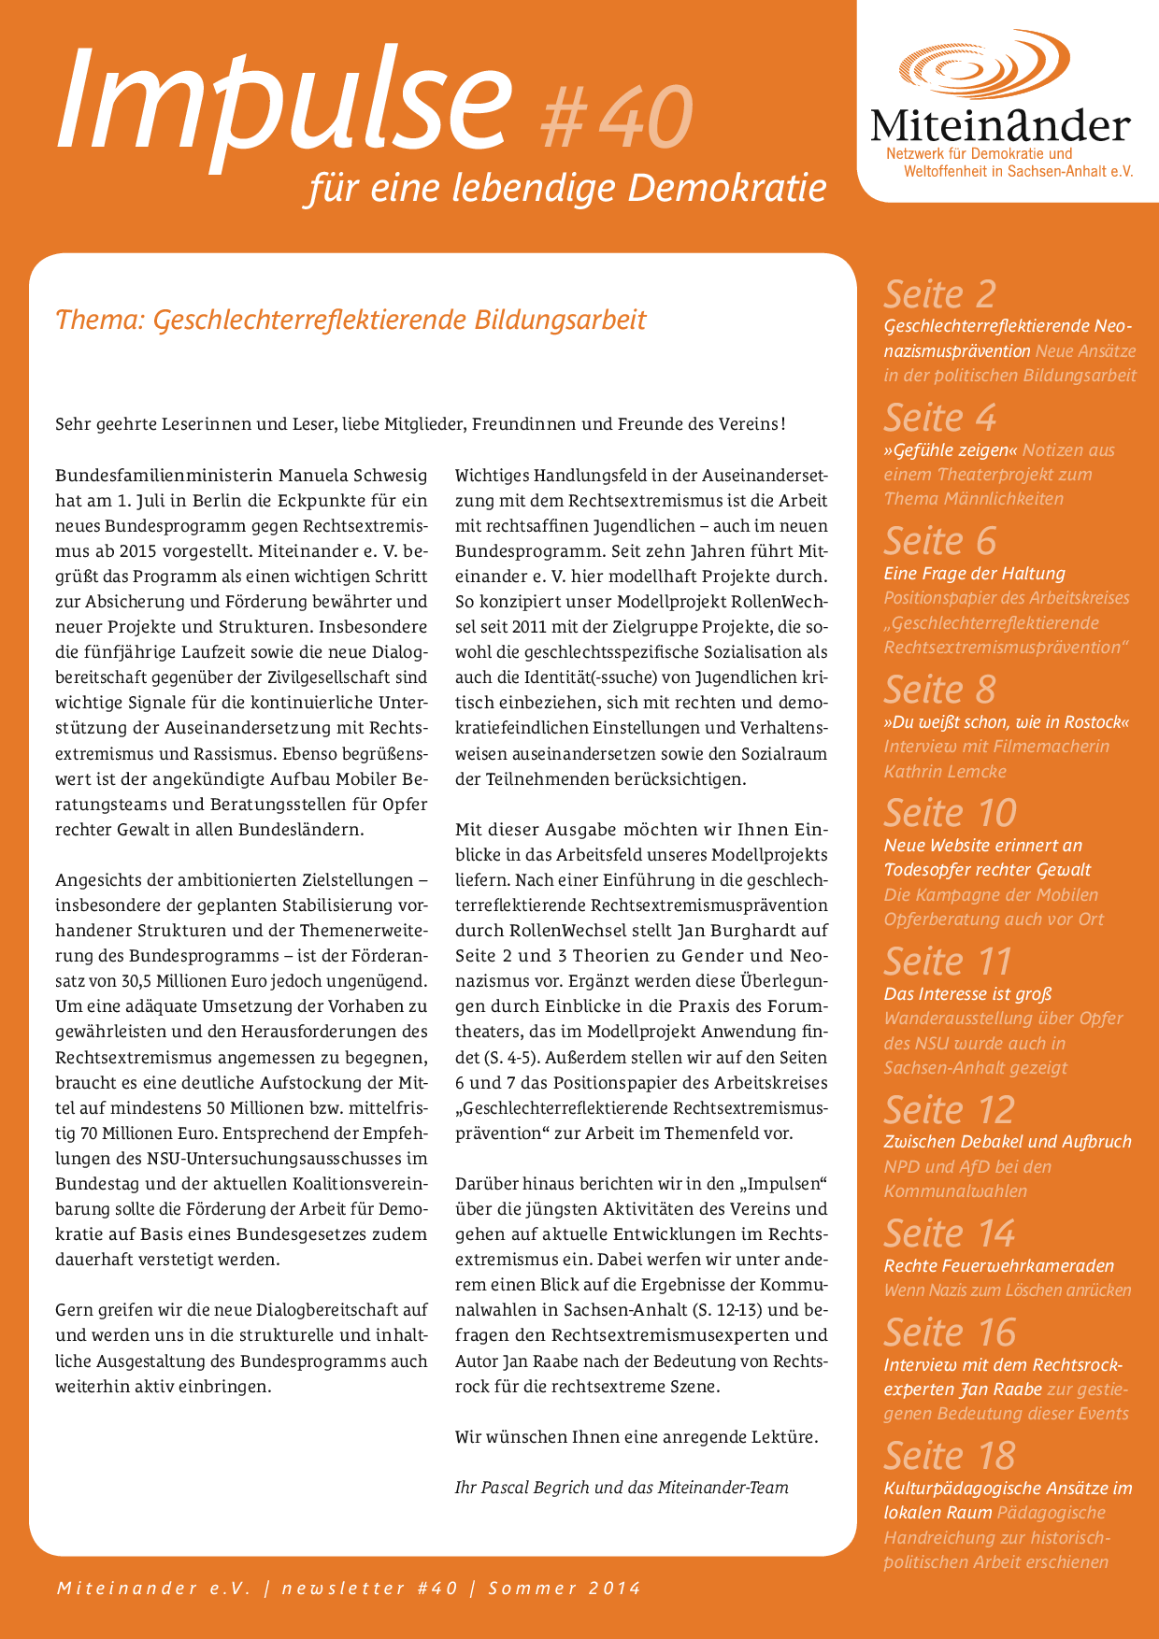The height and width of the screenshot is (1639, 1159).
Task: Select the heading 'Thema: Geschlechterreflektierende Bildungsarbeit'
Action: (x=351, y=320)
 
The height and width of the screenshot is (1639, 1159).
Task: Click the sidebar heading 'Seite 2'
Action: (x=939, y=294)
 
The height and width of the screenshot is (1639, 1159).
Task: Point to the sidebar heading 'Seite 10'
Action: (x=950, y=812)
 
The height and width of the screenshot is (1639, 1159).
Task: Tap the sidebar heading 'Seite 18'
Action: (x=950, y=1455)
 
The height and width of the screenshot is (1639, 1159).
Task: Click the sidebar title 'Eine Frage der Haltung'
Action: (x=974, y=574)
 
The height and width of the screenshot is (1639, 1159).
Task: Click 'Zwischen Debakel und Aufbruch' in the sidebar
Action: (x=1007, y=1142)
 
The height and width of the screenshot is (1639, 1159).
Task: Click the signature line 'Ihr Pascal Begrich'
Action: (x=523, y=1488)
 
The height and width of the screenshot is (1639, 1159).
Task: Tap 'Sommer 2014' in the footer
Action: (x=565, y=1588)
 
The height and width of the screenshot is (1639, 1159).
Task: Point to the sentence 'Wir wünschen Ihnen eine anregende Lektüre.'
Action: (x=636, y=1436)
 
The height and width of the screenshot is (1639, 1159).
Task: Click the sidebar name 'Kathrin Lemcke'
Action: (x=944, y=771)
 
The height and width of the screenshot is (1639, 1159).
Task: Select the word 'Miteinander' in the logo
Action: (x=1000, y=125)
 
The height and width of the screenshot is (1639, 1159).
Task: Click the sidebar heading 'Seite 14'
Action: (x=950, y=1233)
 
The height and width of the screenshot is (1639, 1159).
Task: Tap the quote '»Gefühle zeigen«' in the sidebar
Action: (x=950, y=450)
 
